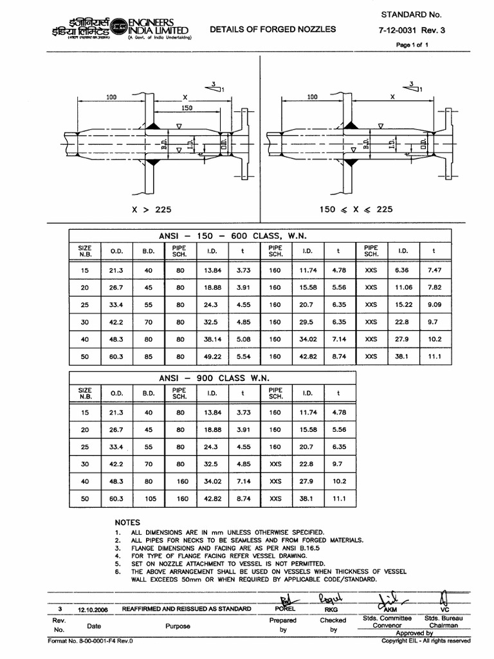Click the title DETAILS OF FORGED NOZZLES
pos(273,29)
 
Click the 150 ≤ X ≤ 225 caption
pos(356,209)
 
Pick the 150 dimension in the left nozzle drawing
pos(187,108)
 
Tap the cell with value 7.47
pos(436,270)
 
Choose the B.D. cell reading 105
pos(149,498)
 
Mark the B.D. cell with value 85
pos(149,355)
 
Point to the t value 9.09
pos(436,304)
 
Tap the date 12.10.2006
pos(94,608)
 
